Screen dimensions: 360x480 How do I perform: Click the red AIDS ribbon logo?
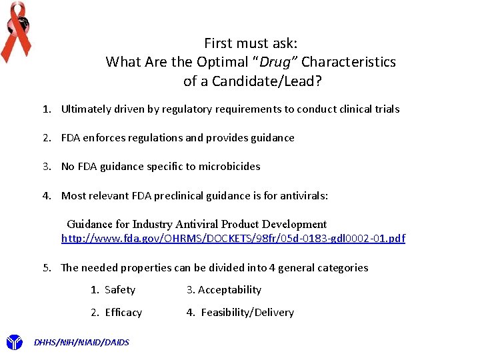[16, 29]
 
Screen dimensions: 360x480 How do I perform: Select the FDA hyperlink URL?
[233, 238]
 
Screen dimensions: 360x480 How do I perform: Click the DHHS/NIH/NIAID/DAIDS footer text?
[81, 343]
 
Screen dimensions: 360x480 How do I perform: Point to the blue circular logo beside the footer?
[14, 343]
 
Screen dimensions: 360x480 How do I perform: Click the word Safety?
[120, 290]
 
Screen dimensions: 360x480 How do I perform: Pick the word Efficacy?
[123, 313]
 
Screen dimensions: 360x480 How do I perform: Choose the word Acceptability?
[229, 290]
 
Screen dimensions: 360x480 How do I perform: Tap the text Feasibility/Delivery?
[247, 313]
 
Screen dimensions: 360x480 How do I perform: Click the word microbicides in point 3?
[231, 167]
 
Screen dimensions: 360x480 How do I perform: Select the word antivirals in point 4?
[304, 196]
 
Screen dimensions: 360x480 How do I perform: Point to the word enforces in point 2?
[103, 138]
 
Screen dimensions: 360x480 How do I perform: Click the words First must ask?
[251, 43]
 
